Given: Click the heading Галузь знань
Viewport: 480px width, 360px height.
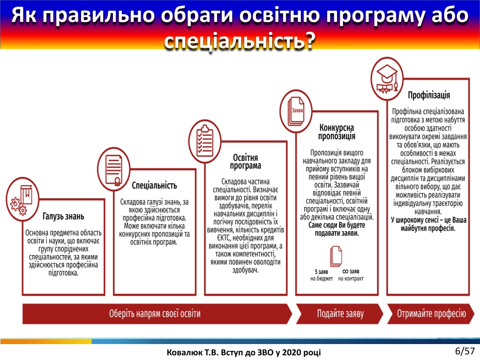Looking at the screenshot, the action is coord(63,217).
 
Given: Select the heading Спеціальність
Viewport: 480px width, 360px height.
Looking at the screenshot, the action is coord(154,186).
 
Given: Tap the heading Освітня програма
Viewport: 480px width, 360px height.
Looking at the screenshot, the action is coord(246,162).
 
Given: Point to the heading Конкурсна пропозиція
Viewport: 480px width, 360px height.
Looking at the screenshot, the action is coord(337,132).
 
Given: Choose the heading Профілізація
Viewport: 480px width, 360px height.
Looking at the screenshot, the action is coord(429,95).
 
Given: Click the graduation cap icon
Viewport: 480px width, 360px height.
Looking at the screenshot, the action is coord(387,79).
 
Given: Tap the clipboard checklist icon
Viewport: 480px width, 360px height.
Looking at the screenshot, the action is coord(205,141).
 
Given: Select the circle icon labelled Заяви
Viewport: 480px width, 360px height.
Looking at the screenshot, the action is coord(296,111).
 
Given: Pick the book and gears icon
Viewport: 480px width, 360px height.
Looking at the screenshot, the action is coord(22,200).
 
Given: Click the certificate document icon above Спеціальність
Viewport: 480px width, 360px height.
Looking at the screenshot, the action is coord(113,170).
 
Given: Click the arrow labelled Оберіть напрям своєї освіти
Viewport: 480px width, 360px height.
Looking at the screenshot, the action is coord(157,314).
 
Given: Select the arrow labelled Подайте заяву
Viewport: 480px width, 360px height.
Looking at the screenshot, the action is coord(339,314).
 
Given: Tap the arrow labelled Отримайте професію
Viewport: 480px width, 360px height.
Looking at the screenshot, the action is coord(431,314).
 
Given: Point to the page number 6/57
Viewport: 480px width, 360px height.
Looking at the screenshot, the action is coord(465,351).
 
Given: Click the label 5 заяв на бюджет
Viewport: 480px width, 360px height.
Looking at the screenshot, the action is coord(322,275).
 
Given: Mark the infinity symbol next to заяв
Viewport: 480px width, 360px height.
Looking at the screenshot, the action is coord(345,271).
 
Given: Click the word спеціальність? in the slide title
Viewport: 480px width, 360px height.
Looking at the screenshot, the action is coord(240,40).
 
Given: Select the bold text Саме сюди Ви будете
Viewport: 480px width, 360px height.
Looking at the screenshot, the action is coord(337,225).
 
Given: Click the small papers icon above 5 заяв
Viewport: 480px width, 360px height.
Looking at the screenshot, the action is coord(336,256).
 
